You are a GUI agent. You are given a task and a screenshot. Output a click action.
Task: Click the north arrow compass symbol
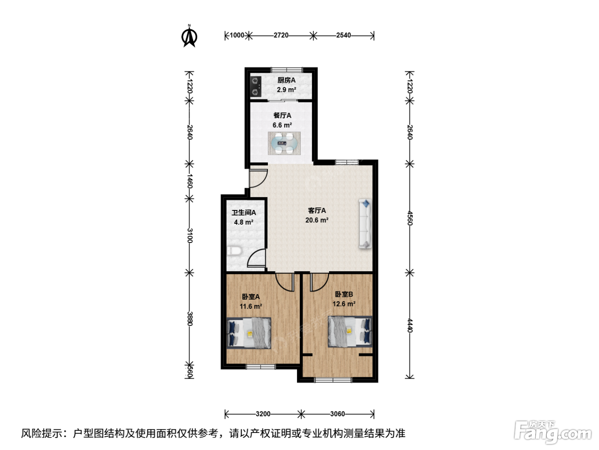189,36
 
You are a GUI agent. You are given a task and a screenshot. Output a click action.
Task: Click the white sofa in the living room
365,224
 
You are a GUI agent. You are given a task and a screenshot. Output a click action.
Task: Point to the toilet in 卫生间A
234,251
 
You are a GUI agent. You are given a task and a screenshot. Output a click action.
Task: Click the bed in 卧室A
249,333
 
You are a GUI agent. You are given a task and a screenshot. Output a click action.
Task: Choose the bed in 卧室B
350,332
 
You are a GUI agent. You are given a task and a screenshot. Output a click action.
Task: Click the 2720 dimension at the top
281,35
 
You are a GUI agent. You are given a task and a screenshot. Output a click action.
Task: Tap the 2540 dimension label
344,35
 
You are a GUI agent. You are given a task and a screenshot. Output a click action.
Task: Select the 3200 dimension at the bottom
263,414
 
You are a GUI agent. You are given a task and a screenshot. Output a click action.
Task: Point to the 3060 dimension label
338,414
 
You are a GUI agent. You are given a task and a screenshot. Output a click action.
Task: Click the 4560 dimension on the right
409,218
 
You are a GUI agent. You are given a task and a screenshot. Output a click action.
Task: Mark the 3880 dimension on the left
190,318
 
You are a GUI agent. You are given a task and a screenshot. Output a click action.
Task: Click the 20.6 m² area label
317,220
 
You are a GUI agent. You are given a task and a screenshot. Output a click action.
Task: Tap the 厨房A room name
287,80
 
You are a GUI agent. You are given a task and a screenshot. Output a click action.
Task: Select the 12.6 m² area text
344,304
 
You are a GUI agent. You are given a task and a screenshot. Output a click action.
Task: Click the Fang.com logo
553,432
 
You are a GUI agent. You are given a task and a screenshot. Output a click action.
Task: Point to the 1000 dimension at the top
237,35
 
